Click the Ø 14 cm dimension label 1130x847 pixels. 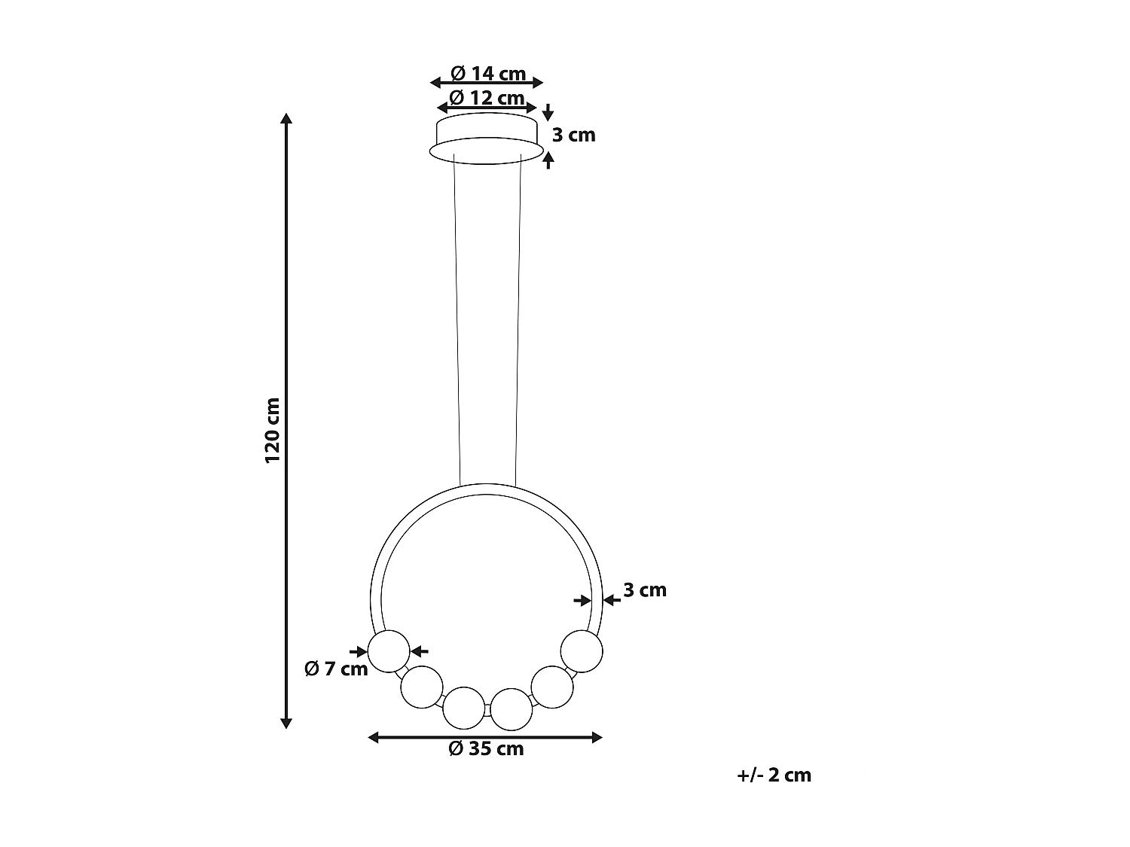[487, 73]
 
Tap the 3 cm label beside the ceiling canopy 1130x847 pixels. [573, 135]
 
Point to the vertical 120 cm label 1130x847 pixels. [272, 430]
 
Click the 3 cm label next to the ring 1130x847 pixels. [645, 590]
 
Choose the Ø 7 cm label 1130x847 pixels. [336, 668]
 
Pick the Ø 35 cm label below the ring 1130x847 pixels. [486, 748]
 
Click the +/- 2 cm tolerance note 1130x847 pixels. [774, 775]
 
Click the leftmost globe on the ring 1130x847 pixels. [389, 650]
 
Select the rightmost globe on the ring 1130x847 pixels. [582, 650]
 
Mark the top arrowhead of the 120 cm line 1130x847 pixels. [286, 118]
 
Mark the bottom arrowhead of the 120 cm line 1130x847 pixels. [286, 724]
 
